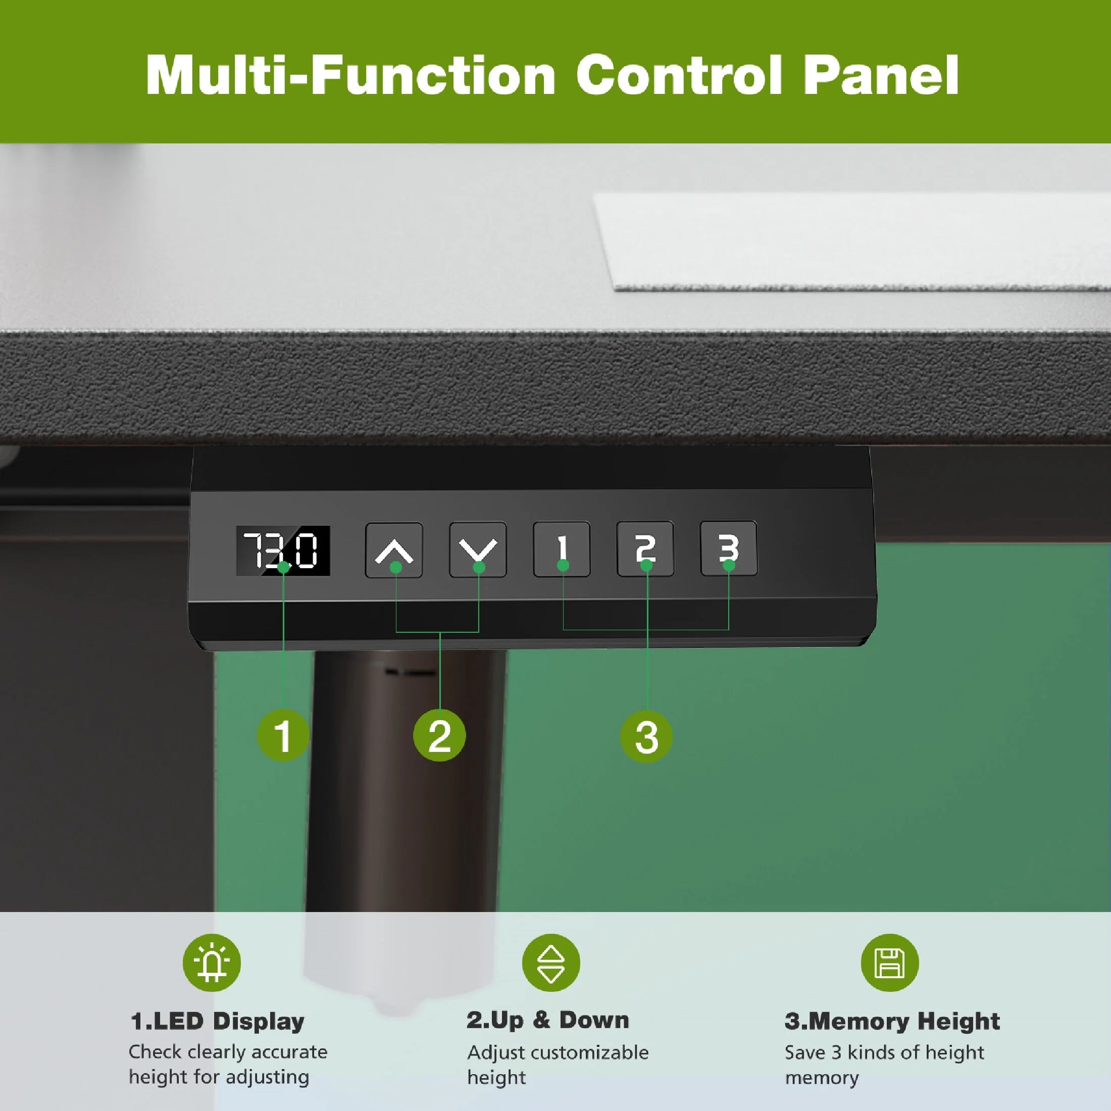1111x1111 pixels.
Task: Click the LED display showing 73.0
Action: [283, 550]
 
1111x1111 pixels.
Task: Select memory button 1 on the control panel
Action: [562, 548]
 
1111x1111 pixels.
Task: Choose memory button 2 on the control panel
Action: [645, 548]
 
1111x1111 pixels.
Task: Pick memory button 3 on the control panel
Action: [729, 547]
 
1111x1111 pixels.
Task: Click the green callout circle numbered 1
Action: [283, 735]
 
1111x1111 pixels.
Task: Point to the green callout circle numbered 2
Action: [440, 735]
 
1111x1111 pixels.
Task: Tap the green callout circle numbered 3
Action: [646, 737]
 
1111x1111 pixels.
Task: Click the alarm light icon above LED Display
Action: [212, 963]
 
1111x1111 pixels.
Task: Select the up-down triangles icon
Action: [551, 963]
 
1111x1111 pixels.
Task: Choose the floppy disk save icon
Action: [890, 963]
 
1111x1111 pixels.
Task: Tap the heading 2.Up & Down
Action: [548, 1020]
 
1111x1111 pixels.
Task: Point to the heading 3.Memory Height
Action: [892, 1021]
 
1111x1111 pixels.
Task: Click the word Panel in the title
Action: [881, 75]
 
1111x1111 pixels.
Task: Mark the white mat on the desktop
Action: [851, 241]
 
